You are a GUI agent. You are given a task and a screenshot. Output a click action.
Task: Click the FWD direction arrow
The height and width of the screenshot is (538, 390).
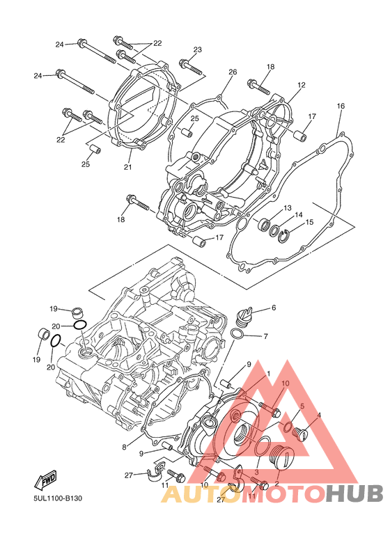coord(45,480)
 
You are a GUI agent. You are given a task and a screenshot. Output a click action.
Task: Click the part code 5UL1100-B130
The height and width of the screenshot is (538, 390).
coord(58,498)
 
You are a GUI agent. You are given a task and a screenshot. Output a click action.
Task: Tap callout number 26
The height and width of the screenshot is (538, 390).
coord(233,72)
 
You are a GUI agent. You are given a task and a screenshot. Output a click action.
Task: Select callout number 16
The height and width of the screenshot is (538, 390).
coord(341,106)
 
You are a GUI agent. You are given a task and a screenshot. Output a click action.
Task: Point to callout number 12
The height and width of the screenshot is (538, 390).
coord(302,85)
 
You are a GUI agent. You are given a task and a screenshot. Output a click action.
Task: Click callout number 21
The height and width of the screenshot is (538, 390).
coord(127,167)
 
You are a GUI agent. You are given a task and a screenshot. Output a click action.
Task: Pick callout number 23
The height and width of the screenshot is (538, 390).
coord(197,49)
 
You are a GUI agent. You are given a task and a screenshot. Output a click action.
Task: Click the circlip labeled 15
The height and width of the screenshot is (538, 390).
coord(284,237)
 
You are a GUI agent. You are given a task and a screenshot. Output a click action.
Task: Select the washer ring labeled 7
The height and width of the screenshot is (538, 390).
coord(237,333)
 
